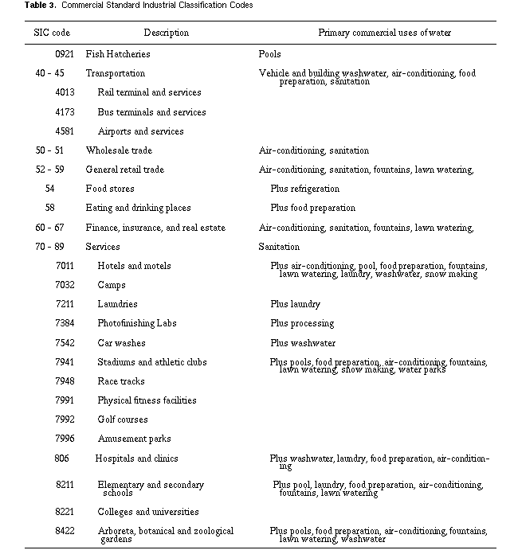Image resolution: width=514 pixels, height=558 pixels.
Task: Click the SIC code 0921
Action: (65, 54)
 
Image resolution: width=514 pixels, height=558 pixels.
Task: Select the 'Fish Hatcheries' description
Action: (118, 54)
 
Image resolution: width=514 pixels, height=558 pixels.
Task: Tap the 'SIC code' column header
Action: (53, 33)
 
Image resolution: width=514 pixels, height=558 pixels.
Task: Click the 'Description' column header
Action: (167, 33)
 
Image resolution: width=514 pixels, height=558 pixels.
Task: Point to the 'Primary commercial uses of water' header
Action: (384, 33)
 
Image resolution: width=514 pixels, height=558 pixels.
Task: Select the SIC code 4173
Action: (65, 112)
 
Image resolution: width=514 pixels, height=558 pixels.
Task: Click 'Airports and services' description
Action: (140, 131)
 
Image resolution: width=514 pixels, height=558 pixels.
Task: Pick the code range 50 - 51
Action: (49, 150)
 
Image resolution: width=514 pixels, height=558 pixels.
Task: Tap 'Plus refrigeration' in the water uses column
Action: (304, 189)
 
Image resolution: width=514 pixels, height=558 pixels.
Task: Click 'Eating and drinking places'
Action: (138, 208)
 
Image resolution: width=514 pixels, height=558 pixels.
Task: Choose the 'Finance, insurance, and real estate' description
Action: (155, 228)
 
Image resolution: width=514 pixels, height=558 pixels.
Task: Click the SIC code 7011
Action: (65, 266)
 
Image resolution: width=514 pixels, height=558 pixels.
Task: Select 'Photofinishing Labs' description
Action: (137, 323)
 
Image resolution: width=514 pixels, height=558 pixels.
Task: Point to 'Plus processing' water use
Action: (302, 323)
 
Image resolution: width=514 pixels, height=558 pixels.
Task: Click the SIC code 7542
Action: (65, 343)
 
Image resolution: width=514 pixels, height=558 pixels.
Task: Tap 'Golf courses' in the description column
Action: (123, 419)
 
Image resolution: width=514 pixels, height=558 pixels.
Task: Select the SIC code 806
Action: (61, 458)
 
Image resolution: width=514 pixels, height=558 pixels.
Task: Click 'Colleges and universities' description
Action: (148, 512)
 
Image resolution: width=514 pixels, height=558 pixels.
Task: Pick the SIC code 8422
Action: (65, 531)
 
